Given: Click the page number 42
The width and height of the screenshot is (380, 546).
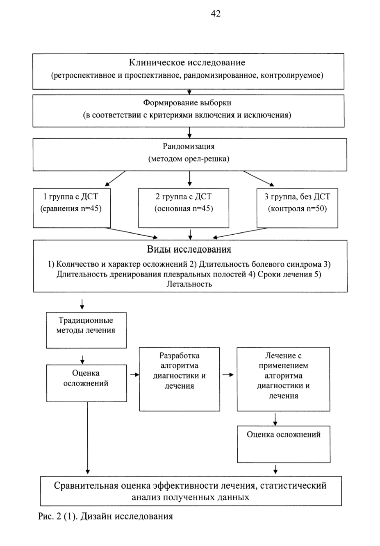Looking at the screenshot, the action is [x=216, y=14].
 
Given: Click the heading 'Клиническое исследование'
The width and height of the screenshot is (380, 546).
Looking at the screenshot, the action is [x=187, y=63].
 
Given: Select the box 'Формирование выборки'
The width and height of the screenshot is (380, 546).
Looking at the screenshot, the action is [x=189, y=111].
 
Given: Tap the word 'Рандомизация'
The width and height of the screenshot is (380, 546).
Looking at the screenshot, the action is [x=189, y=146].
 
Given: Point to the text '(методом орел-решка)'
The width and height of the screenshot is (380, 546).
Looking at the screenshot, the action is [x=189, y=159].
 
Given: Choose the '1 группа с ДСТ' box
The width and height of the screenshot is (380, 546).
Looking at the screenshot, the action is [x=72, y=208].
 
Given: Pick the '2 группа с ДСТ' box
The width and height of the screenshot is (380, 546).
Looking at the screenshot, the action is [x=184, y=208].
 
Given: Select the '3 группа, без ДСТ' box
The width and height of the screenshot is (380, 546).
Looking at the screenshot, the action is [x=297, y=208].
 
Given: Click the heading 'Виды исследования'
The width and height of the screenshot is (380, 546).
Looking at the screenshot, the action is [x=189, y=249].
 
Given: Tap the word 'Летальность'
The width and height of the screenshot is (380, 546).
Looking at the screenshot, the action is [x=189, y=284].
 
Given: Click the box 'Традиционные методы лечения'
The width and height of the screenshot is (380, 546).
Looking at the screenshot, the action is [x=86, y=330].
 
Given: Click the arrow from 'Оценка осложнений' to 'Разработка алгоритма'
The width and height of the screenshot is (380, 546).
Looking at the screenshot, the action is [x=134, y=375].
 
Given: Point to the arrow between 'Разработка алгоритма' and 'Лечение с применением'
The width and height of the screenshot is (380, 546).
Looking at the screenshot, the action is [x=228, y=375].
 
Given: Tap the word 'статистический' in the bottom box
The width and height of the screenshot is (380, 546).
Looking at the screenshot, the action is [x=294, y=485].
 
